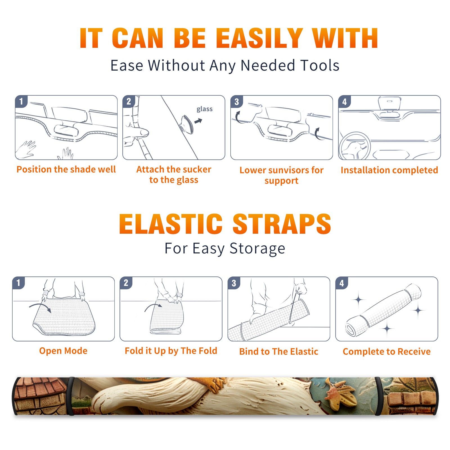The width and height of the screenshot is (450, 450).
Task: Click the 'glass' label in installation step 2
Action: coord(204,109)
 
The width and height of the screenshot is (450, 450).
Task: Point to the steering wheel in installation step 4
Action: coord(355,146)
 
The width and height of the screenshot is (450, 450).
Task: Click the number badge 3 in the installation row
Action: coord(237,102)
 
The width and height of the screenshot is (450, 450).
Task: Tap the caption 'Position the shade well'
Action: coord(66,169)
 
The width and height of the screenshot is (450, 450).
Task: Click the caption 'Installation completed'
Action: coord(389,170)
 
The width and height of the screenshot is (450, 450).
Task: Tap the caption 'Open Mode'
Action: coord(63,351)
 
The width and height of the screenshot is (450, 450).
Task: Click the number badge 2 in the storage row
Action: coord(126,283)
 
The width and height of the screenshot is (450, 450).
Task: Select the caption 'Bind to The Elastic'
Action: coord(279,352)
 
